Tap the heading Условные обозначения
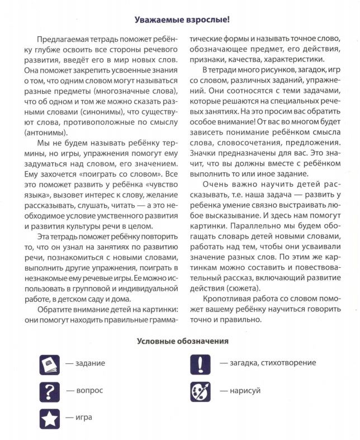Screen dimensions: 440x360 tap(182, 340)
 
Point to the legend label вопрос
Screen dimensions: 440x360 tap(89, 390)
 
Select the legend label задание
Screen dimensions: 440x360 tap(89, 363)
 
